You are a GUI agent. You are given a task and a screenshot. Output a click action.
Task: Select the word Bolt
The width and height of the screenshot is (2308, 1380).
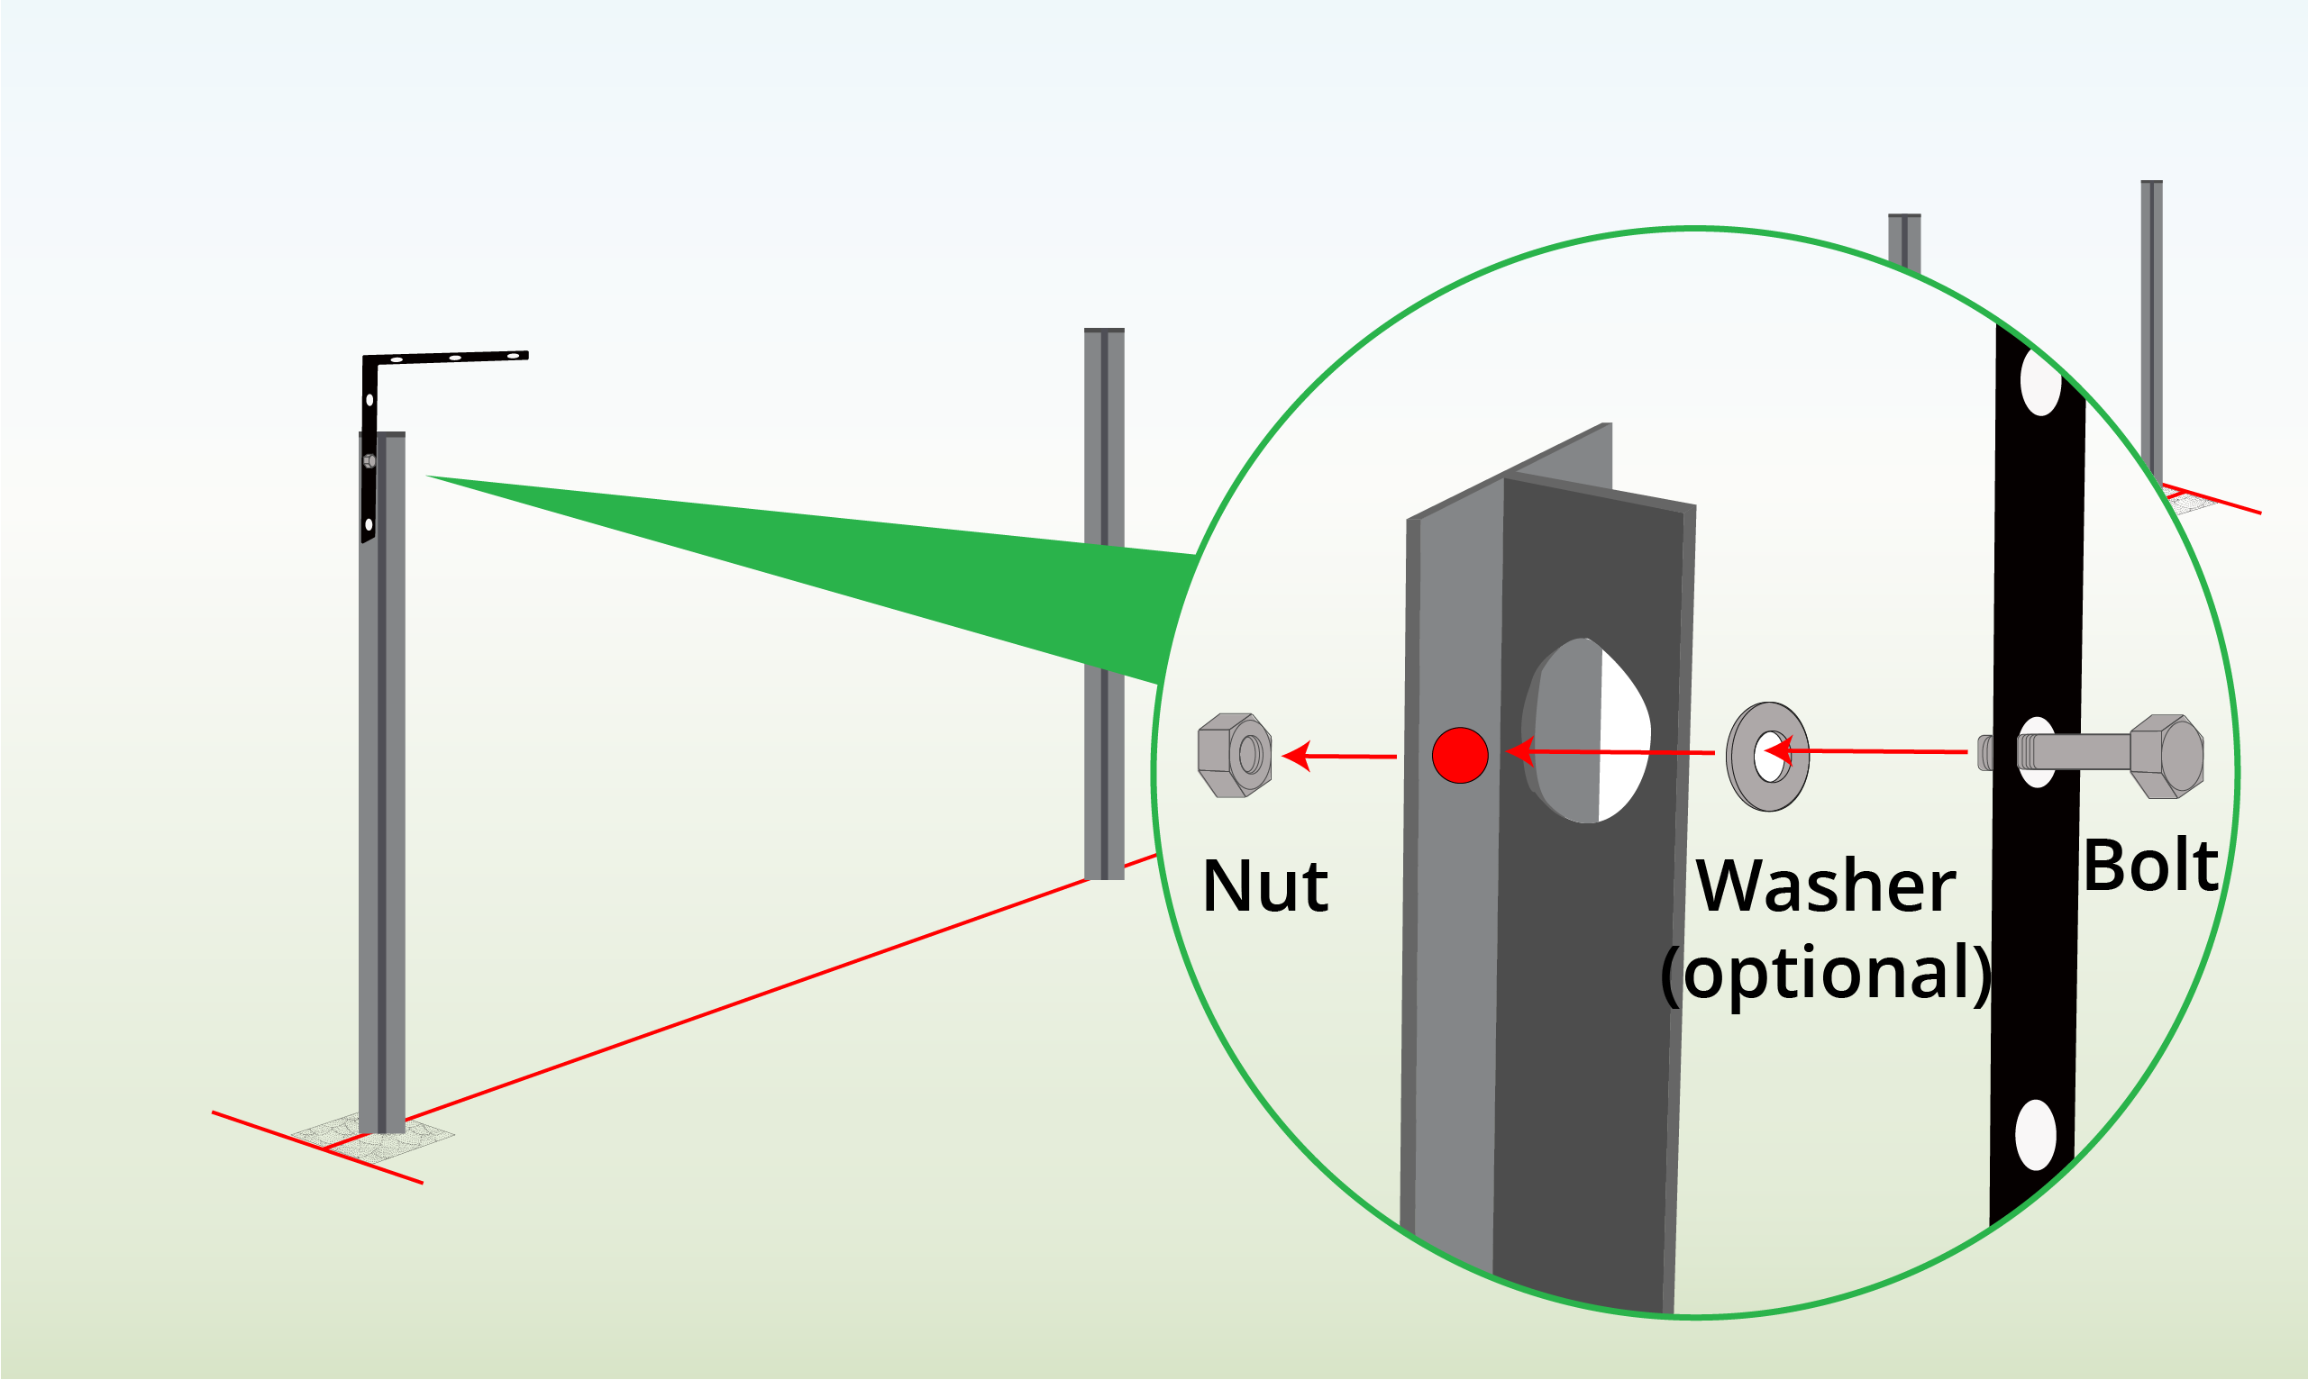click(x=2150, y=866)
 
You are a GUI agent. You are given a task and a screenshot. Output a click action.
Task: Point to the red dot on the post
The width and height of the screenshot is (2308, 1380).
click(x=1460, y=755)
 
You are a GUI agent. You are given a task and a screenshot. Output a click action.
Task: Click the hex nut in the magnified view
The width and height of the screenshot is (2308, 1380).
click(x=1235, y=755)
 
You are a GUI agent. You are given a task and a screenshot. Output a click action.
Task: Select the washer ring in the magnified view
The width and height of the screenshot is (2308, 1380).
click(x=1767, y=756)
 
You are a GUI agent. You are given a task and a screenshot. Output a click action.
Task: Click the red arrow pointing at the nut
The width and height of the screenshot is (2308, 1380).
click(x=1339, y=756)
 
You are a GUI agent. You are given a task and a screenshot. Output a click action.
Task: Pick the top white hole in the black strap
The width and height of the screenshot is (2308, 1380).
click(x=2040, y=381)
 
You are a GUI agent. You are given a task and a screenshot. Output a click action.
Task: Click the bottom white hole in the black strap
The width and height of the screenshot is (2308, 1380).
click(x=2036, y=1135)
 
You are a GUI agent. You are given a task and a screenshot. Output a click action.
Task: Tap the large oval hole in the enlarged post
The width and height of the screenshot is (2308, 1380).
click(x=1587, y=731)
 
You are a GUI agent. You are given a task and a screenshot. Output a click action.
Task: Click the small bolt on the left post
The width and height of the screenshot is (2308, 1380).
click(x=369, y=461)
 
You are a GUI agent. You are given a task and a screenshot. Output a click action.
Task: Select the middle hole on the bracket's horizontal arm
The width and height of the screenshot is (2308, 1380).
click(x=455, y=357)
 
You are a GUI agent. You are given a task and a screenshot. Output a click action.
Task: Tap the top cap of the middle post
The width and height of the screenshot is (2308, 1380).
click(x=1104, y=330)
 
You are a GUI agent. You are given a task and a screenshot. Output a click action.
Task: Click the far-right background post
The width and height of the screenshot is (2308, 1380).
click(x=2152, y=325)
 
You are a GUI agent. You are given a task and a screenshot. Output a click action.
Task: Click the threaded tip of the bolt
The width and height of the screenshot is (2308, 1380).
click(x=1985, y=753)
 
